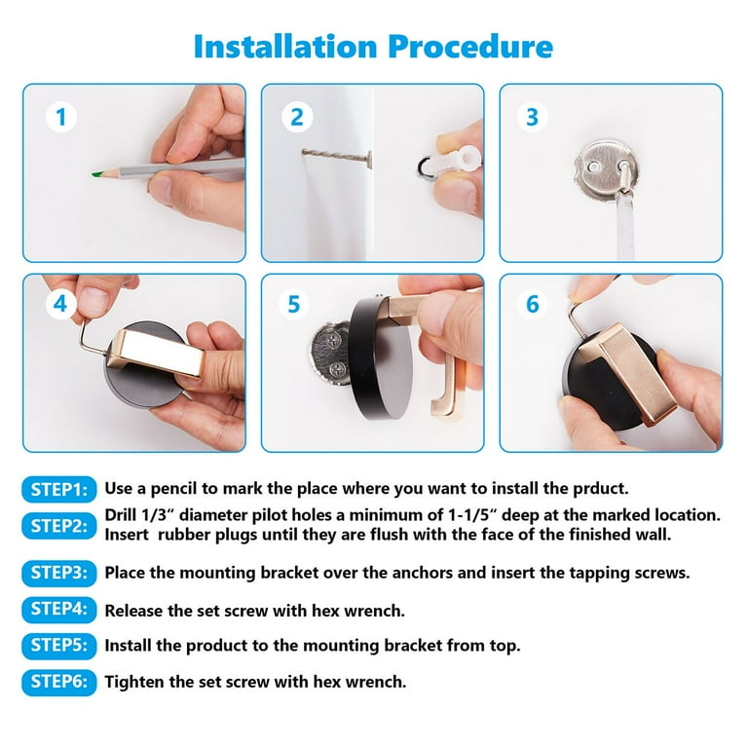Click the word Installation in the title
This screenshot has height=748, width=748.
(x=285, y=47)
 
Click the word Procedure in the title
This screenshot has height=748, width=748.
(x=470, y=47)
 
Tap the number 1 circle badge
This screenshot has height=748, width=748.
(x=61, y=117)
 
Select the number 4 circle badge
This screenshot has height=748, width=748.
(x=60, y=304)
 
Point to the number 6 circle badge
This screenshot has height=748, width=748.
(x=533, y=304)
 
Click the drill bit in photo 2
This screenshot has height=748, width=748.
(x=337, y=157)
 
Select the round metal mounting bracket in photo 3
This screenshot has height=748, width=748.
(x=606, y=170)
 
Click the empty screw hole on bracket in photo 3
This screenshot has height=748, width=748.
(x=593, y=168)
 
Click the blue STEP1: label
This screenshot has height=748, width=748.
(x=59, y=490)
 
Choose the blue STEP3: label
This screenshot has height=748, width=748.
(x=59, y=573)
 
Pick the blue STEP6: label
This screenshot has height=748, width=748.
(x=59, y=682)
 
